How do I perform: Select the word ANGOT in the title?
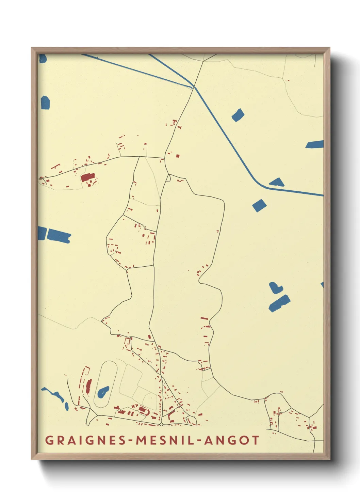point(232,440)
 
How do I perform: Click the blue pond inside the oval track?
point(103,392)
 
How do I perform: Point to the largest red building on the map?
point(87,177)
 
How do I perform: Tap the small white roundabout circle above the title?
point(161,425)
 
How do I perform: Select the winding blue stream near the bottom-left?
point(56,397)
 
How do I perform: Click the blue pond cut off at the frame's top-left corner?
point(42,58)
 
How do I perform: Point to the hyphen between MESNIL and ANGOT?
point(199,441)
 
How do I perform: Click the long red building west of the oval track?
point(89,387)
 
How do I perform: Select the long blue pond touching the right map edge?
point(315,144)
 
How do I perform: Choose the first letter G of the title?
point(49,440)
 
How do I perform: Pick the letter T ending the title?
point(255,440)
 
